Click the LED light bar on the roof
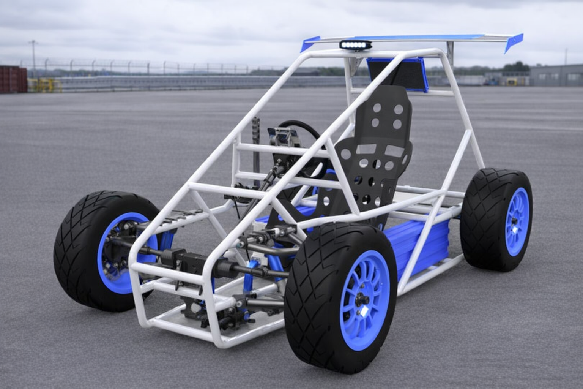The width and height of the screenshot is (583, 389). pos(356,45)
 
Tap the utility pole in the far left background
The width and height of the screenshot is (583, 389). pos(33,57)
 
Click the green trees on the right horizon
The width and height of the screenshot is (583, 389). pos(516,67)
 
